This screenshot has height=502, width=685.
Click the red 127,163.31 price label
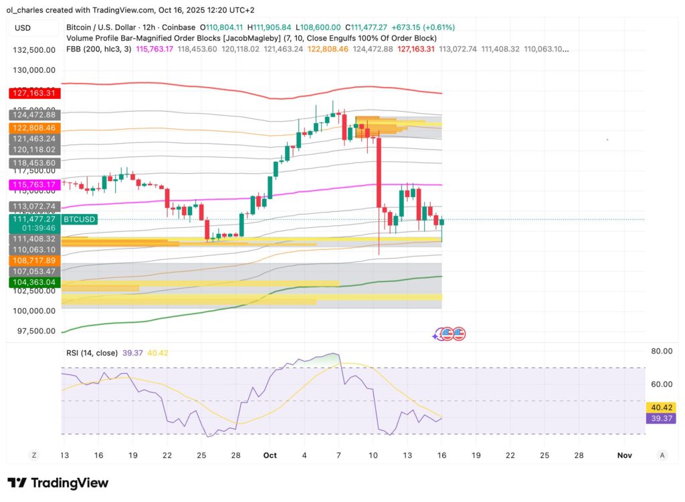coord(35,93)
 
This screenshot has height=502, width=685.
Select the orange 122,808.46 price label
coord(35,127)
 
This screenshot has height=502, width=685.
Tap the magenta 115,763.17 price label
coord(35,184)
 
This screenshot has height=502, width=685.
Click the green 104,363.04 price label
coord(35,283)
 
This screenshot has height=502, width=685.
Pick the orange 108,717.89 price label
coord(35,260)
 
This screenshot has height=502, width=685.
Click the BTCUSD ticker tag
coord(79,219)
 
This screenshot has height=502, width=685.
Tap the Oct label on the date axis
coord(270,455)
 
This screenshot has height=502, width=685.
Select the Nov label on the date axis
coord(625,455)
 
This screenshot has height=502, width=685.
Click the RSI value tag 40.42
coord(662,407)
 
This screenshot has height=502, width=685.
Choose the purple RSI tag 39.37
coord(662,418)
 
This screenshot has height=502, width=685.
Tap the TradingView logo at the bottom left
coord(58,483)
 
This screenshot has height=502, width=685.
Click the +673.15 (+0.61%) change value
coord(428,27)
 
